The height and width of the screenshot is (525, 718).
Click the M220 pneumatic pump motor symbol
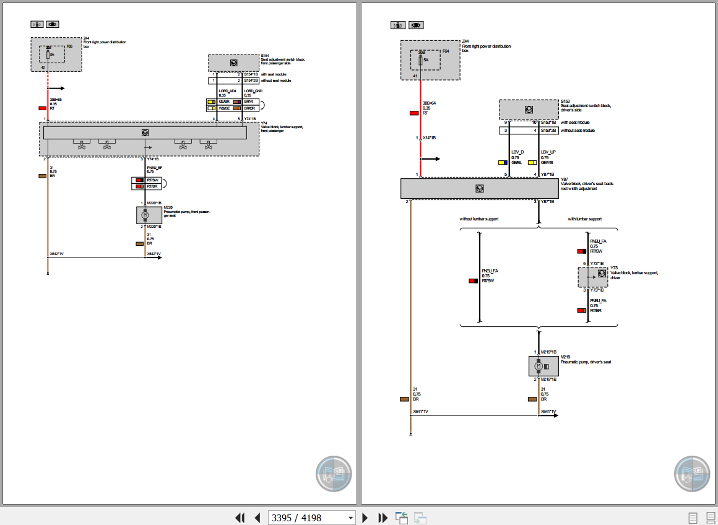coord(145,215)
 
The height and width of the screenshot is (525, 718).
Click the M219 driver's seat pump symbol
coord(538,367)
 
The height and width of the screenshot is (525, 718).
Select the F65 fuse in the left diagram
coord(48,54)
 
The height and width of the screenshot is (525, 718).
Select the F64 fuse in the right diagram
coord(422,60)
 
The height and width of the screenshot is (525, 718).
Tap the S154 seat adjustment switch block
coord(233,63)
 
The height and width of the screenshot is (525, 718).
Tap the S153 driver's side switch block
coord(529,110)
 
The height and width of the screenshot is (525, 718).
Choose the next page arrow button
coord(365,518)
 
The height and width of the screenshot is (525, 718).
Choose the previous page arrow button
coord(257,518)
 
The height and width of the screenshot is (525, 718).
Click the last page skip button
coord(383,518)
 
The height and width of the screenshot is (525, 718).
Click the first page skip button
coord(240,518)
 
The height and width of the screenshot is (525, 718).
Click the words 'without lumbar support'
coord(478,219)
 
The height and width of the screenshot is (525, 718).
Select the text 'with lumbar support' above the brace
coord(584,219)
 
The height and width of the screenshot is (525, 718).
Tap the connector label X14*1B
coord(429,137)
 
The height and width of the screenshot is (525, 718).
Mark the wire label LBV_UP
coord(548,152)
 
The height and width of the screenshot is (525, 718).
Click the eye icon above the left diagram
coord(53,24)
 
